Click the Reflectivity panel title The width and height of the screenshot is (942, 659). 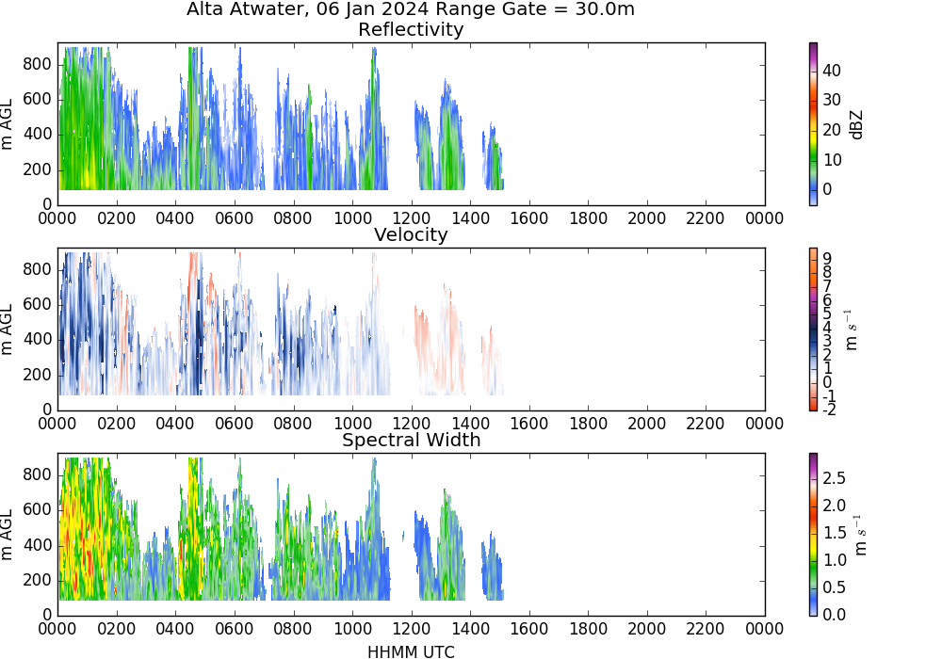coord(411,29)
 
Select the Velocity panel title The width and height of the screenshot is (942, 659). coord(411,234)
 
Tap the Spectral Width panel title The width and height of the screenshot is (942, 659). coord(412,440)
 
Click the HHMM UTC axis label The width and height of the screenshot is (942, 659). coord(411,652)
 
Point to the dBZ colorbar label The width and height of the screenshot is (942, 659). coord(856,125)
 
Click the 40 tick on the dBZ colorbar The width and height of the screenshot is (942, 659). coord(832,71)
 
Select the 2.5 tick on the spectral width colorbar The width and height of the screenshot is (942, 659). coord(834,478)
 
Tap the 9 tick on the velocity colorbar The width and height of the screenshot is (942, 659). coord(827,258)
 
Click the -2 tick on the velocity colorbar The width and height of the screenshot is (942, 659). coord(829,410)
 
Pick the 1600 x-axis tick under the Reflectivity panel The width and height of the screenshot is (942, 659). coord(529,217)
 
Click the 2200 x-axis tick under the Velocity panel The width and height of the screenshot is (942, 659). coord(706,424)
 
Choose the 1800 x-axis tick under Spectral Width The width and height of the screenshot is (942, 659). coord(588,629)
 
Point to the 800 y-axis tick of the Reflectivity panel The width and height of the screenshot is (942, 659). coord(38,64)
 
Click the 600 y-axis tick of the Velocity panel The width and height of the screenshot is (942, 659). coord(38,305)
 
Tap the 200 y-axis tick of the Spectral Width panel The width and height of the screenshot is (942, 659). coord(38,581)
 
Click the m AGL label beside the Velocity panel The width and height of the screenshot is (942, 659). coord(8,329)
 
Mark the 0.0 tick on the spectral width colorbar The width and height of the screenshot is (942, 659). coord(834,615)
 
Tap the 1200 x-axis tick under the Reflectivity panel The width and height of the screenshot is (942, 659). coord(412,217)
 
